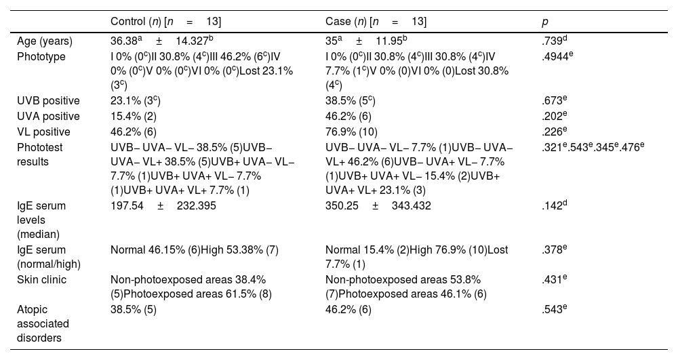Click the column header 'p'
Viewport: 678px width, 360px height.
point(544,22)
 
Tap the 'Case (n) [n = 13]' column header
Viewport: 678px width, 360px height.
point(376,22)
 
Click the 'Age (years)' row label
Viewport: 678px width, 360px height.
point(45,42)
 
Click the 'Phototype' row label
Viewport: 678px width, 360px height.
point(41,57)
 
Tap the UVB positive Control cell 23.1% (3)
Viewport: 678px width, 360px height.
point(135,102)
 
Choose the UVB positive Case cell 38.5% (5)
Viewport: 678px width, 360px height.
point(350,102)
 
